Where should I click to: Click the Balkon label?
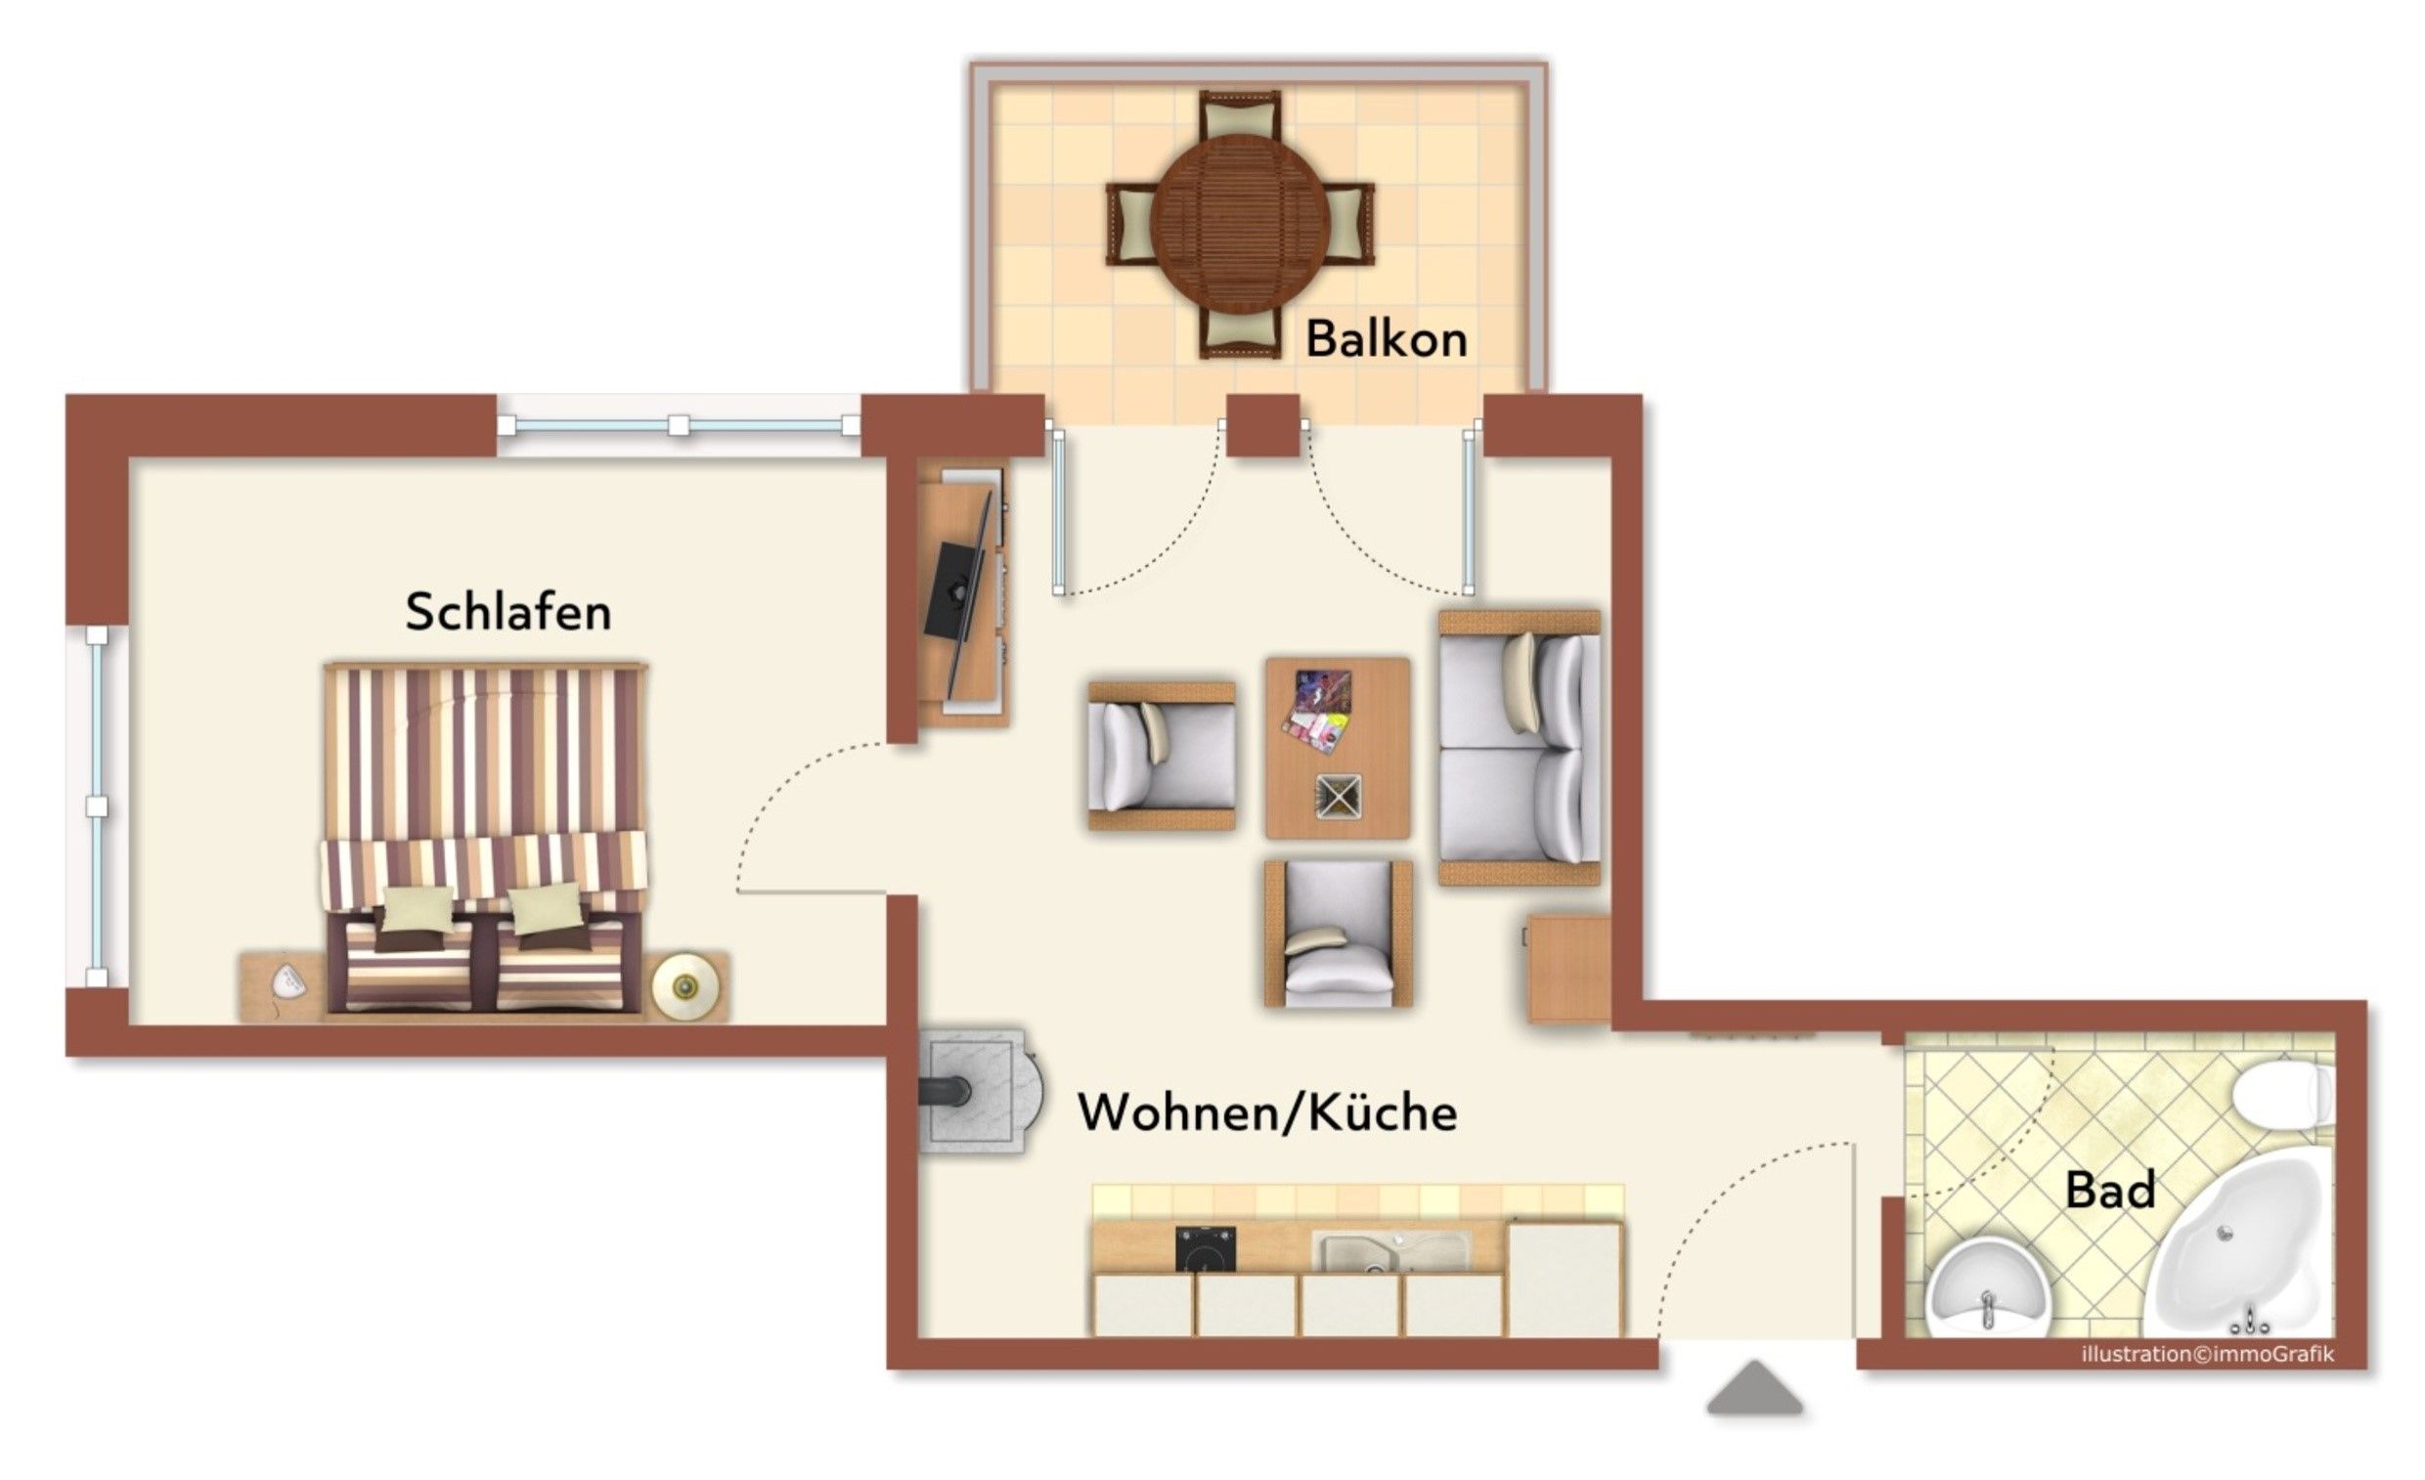click(1386, 339)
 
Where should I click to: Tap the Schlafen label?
click(507, 612)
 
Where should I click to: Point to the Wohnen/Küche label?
click(1267, 1114)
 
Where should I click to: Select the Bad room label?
click(2110, 1189)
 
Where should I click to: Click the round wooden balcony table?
click(1240, 224)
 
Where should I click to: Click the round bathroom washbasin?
click(1987, 1290)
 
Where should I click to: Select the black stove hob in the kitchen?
click(1206, 1248)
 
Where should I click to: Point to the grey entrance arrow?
click(1755, 1387)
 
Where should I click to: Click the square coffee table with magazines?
click(1338, 748)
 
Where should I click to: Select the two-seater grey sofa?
click(1520, 748)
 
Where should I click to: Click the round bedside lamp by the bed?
click(685, 985)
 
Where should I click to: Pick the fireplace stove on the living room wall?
click(980, 1091)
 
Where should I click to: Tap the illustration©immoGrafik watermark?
click(2208, 1354)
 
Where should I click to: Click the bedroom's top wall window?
click(679, 425)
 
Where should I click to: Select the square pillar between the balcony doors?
click(1262, 425)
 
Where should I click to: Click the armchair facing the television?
click(1162, 756)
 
